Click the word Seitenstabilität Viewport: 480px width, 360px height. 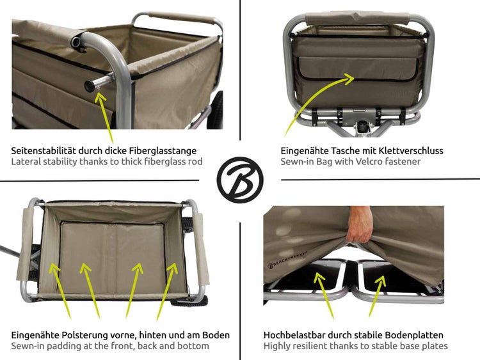pyautogui.click(x=46, y=151)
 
